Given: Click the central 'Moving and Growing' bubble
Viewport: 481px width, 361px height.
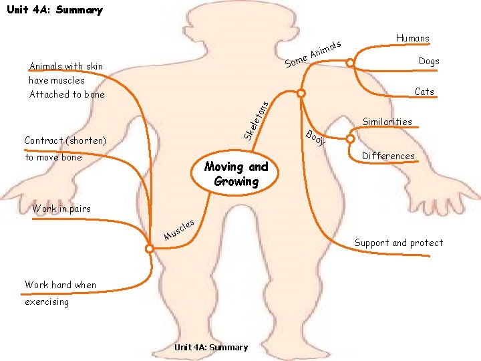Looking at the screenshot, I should (x=236, y=174).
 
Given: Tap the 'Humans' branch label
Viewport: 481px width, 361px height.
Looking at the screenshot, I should (x=412, y=38).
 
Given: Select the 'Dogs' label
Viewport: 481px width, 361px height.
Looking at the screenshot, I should (x=429, y=61).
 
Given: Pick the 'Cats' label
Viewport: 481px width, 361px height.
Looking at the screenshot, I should (x=424, y=92).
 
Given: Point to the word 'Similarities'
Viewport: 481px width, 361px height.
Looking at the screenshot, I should (x=387, y=122).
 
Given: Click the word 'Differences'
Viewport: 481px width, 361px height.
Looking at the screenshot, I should (x=388, y=156).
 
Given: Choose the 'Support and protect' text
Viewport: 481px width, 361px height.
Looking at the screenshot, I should (x=398, y=243).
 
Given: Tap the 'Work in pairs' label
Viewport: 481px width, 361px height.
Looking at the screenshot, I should (x=61, y=209).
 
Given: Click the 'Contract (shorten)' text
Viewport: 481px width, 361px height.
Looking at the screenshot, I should (x=65, y=140).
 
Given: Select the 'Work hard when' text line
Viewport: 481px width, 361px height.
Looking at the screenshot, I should (x=60, y=285).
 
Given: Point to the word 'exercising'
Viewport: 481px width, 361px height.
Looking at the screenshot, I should (x=47, y=302).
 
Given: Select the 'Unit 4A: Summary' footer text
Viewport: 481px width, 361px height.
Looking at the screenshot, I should (x=210, y=347).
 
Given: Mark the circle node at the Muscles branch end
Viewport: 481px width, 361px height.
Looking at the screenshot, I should (x=150, y=249).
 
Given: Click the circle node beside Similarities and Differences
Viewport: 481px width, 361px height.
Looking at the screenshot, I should (x=350, y=139).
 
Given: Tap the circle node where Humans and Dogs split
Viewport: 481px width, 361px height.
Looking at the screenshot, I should (x=350, y=64).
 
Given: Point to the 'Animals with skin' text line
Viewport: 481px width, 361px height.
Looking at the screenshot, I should (x=66, y=66).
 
